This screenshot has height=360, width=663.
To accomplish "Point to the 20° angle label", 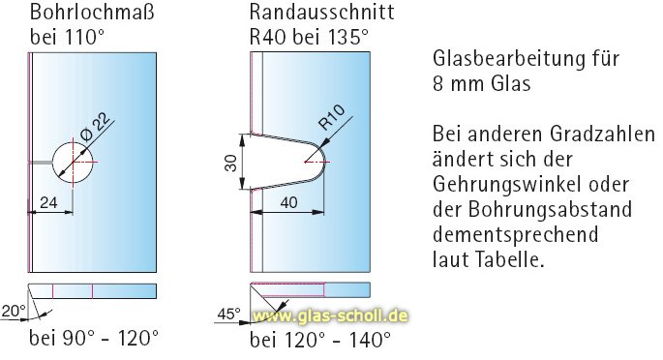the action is (x=12, y=310).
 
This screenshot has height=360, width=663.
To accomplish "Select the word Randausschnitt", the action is (x=308, y=14).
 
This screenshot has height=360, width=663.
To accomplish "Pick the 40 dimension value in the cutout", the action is (x=288, y=202).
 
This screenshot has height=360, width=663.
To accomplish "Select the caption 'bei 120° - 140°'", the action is (x=320, y=340).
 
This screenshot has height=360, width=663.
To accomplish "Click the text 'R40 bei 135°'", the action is (x=309, y=38).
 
